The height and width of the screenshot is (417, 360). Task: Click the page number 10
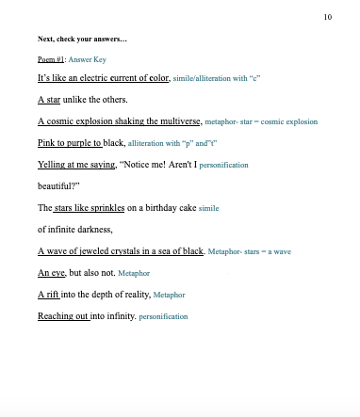[327, 17]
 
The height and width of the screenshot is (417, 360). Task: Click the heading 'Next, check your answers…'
[83, 40]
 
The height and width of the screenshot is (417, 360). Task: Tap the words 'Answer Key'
[88, 58]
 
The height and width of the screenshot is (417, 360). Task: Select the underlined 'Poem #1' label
[51, 58]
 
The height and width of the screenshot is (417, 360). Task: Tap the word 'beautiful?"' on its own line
[60, 186]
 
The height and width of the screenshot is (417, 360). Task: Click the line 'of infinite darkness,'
[75, 230]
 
